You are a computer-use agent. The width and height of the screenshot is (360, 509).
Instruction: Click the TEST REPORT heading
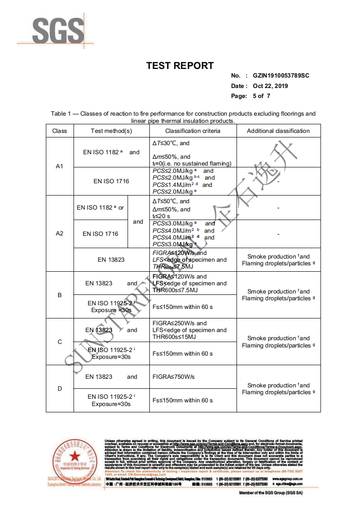pyautogui.click(x=180, y=66)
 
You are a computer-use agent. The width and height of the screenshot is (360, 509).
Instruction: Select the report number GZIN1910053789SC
pyautogui.click(x=281, y=76)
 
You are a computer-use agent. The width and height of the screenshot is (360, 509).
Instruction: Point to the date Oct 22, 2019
pyautogui.click(x=271, y=86)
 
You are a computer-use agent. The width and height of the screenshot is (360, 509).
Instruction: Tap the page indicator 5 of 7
pyautogui.click(x=261, y=96)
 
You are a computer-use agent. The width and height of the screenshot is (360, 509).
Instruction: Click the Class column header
pyautogui.click(x=59, y=131)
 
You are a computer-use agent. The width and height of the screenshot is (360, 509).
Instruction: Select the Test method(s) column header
pyautogui.click(x=111, y=131)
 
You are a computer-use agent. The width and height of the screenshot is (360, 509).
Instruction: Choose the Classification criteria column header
pyautogui.click(x=192, y=131)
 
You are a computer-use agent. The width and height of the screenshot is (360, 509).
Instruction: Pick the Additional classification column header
pyautogui.click(x=278, y=131)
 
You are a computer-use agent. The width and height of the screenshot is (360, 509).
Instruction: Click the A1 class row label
pyautogui.click(x=59, y=166)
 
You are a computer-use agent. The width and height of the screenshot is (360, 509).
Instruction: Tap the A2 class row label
pyautogui.click(x=59, y=233)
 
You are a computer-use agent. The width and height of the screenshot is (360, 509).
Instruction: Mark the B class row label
pyautogui.click(x=59, y=295)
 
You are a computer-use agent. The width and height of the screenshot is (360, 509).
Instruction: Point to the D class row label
pyautogui.click(x=59, y=388)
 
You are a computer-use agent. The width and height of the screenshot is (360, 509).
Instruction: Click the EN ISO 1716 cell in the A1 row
pyautogui.click(x=111, y=181)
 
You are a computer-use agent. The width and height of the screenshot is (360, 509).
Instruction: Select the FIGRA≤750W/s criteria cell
pyautogui.click(x=173, y=377)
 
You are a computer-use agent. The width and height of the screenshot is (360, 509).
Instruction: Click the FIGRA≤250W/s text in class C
pyautogui.click(x=179, y=323)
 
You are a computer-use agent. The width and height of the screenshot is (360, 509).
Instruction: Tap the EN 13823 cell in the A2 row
pyautogui.click(x=111, y=260)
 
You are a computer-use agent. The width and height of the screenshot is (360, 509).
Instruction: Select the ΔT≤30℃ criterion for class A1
pyautogui.click(x=171, y=143)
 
